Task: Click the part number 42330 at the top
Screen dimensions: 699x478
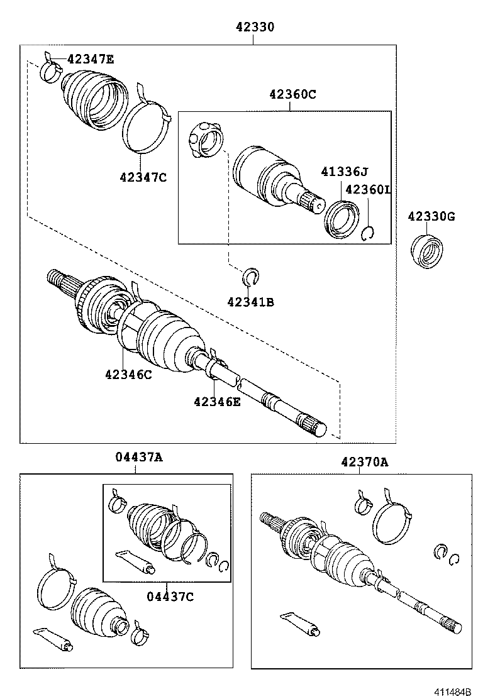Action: (255, 27)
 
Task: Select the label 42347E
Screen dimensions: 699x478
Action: (91, 60)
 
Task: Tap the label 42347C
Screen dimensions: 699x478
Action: (143, 177)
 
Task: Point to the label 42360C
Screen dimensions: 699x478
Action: (292, 94)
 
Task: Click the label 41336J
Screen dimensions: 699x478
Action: (343, 172)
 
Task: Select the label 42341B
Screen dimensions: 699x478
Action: (251, 302)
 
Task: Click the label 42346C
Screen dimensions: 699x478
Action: (128, 375)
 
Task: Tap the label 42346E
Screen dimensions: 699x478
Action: (217, 402)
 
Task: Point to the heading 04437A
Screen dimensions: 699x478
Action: (139, 457)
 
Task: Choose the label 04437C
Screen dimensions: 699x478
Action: (170, 596)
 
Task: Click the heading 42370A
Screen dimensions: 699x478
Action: (365, 462)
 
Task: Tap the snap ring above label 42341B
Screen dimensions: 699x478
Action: (251, 277)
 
